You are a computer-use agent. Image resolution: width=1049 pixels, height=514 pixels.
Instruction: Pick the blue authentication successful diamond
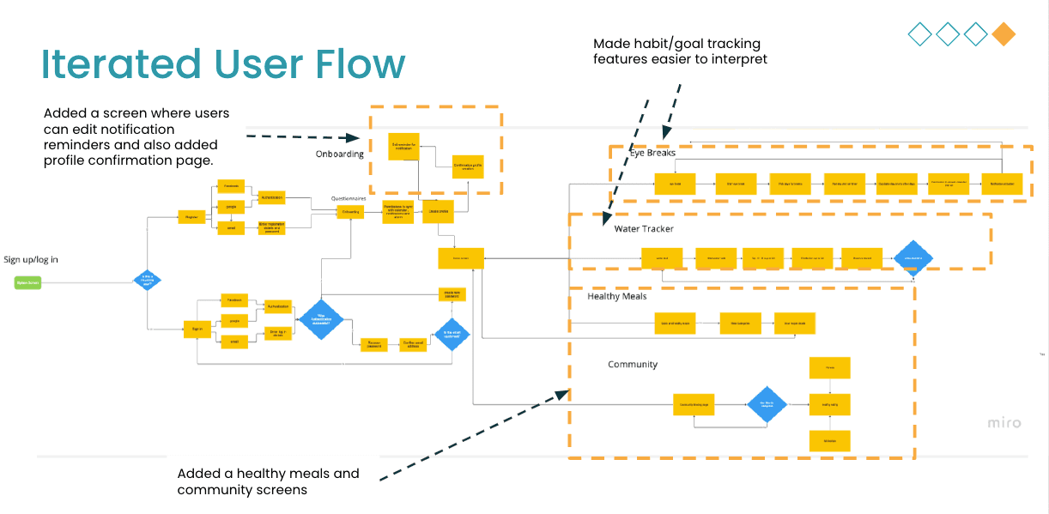[320, 319]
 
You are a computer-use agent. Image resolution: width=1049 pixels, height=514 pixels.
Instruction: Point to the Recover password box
[373, 344]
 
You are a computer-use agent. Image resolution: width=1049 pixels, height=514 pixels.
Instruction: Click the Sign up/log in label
[31, 259]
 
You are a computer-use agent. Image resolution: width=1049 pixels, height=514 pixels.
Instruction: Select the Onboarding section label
[340, 154]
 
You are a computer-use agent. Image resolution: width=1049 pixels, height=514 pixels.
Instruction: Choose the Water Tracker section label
[644, 229]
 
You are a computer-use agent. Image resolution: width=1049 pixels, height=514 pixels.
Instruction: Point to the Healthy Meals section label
[617, 296]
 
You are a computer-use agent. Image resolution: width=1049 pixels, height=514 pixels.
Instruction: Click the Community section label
[633, 365]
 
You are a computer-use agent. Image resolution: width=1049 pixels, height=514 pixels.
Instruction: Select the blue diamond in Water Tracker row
[912, 257]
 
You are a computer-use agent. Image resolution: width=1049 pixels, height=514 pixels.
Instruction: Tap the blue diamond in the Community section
[767, 403]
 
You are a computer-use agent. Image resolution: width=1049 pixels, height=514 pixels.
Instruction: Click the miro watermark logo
[1004, 423]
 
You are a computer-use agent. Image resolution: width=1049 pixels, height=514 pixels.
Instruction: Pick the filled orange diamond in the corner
[1004, 34]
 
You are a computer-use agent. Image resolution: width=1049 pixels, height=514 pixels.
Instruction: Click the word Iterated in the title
[115, 66]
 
